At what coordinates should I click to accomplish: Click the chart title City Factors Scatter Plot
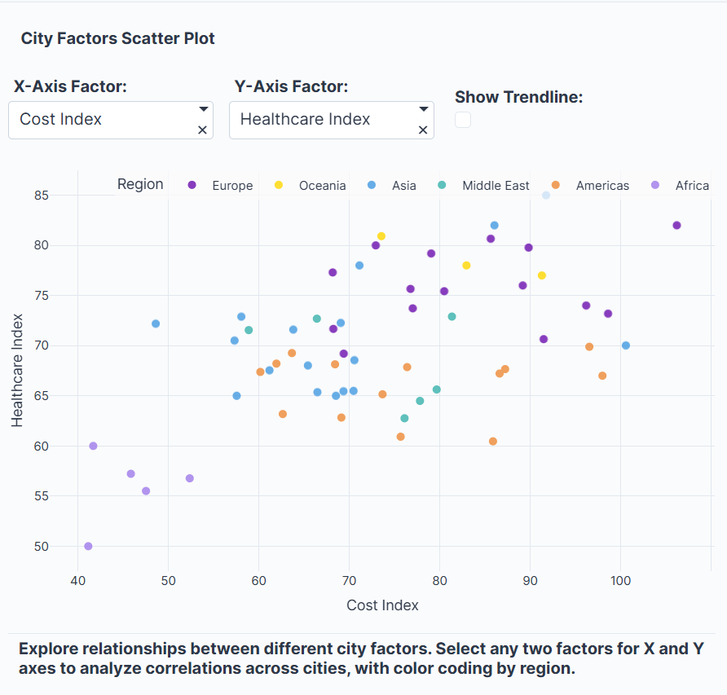(x=117, y=38)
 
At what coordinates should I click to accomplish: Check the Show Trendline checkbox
(x=463, y=120)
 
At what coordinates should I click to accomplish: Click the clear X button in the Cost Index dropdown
(x=203, y=130)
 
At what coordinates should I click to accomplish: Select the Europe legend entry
(x=221, y=186)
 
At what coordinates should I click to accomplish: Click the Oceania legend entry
(x=312, y=186)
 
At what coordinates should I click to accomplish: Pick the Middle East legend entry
(x=486, y=186)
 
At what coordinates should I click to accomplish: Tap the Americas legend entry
(x=592, y=186)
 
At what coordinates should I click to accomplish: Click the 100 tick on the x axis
(x=621, y=580)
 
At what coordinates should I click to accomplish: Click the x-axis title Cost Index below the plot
(x=382, y=605)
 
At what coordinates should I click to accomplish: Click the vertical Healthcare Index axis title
(x=18, y=371)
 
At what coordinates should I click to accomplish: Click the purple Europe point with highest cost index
(x=676, y=226)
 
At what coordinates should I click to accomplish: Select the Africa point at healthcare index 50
(x=88, y=546)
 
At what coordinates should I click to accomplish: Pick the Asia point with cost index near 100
(x=626, y=345)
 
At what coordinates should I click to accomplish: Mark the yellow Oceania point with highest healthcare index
(x=381, y=236)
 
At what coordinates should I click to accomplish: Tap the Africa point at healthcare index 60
(x=93, y=446)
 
